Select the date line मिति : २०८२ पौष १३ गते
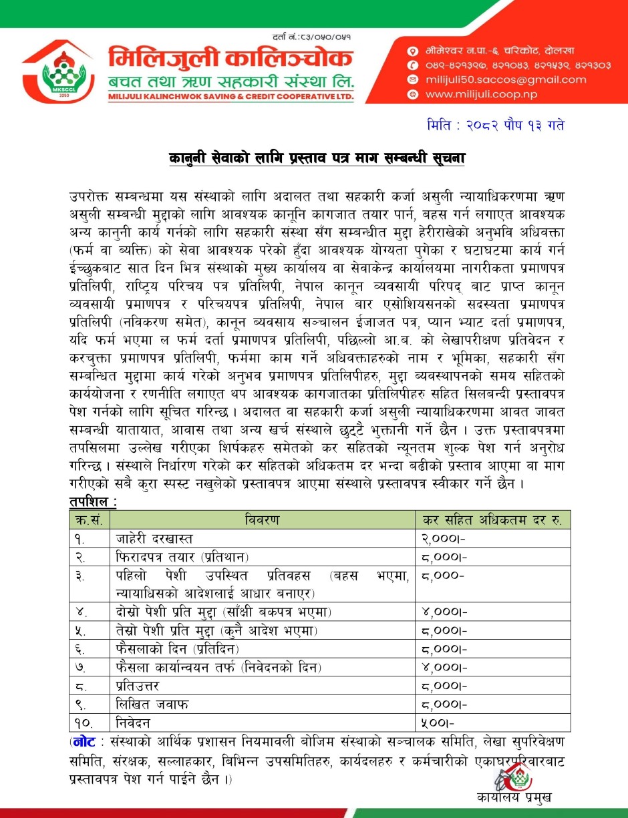498,126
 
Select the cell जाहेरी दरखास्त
155,538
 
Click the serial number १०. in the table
84,722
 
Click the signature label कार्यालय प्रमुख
514,797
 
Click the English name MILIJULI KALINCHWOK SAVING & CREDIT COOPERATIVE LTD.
231,97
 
